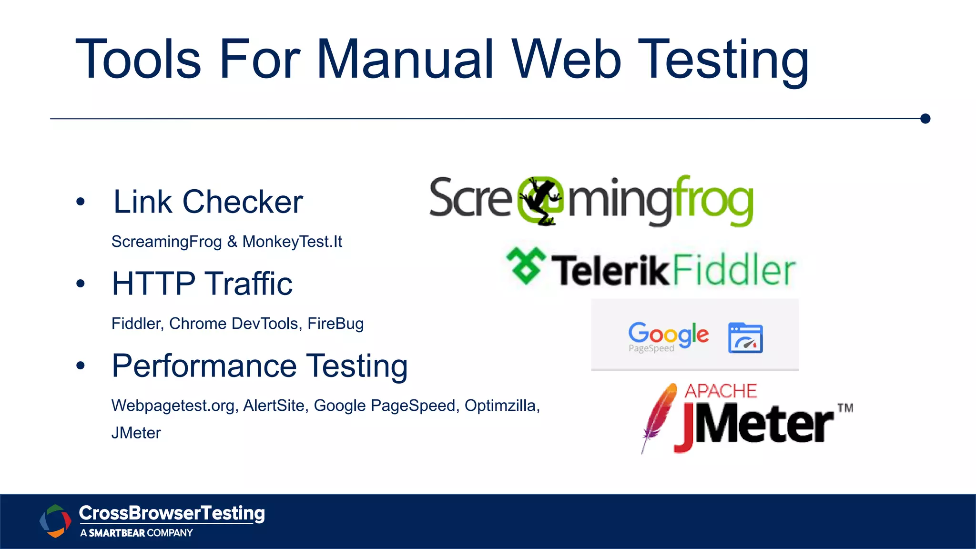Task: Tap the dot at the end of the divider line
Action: pos(925,119)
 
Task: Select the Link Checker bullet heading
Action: pos(208,202)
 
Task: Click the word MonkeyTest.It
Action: pos(292,242)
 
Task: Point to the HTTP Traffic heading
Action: pos(202,284)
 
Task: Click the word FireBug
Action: pos(335,324)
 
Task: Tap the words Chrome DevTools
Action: pos(234,324)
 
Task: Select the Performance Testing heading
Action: pos(260,366)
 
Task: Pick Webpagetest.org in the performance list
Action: pos(173,406)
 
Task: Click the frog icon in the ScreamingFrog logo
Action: pos(540,201)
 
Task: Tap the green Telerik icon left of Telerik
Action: pos(526,266)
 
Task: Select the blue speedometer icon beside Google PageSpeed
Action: pos(745,338)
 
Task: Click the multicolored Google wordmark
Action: pos(668,334)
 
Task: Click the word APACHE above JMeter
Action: pos(721,391)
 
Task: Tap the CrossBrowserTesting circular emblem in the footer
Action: pos(55,521)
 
